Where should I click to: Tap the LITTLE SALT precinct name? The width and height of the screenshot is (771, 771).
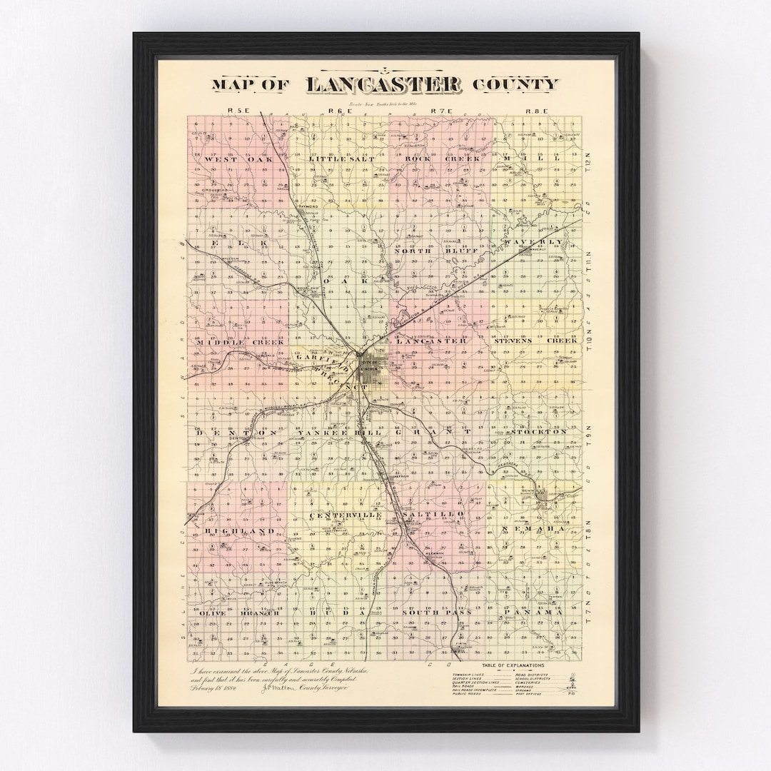[337, 158]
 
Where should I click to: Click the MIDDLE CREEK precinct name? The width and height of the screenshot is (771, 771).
[232, 343]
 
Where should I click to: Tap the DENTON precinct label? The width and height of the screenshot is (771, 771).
[235, 433]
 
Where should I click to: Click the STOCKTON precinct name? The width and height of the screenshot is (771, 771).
[539, 432]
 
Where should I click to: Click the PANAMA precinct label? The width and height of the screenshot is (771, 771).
[533, 613]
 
